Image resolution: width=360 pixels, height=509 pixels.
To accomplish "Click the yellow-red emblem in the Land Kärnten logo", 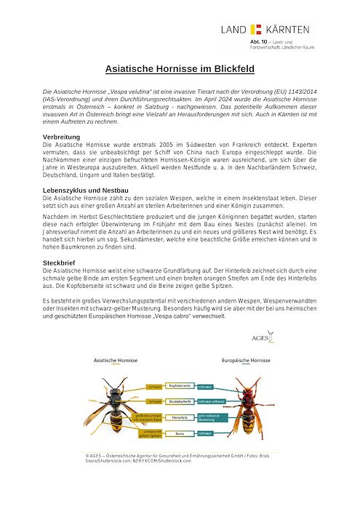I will (255, 29).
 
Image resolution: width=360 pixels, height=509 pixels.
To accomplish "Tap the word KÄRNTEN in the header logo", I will (287, 29).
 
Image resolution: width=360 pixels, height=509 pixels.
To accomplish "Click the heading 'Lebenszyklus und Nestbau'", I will (86, 190).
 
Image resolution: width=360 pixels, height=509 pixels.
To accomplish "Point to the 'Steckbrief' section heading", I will (62, 261).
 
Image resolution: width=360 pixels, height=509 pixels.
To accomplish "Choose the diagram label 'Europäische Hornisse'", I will (245, 361).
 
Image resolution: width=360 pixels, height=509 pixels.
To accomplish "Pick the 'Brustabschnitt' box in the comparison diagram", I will (180, 401).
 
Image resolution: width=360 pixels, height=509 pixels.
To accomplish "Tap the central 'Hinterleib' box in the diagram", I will (180, 417).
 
